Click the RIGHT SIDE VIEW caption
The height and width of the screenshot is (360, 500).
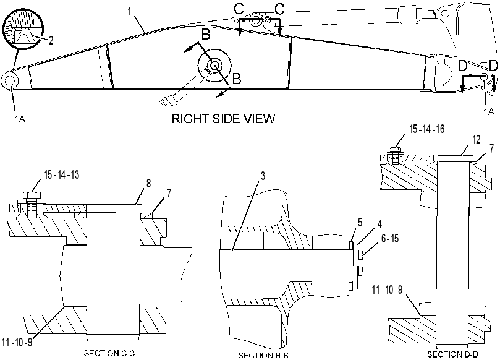point(223,119)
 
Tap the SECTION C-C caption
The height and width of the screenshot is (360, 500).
point(109,353)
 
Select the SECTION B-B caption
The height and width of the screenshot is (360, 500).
point(263,355)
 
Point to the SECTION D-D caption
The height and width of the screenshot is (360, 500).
point(453,354)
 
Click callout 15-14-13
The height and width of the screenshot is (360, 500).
point(62,175)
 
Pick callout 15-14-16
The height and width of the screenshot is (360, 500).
point(427,129)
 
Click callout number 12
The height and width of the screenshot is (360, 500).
point(476,140)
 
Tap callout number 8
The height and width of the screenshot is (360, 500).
point(148,183)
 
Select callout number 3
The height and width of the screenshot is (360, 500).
point(263,176)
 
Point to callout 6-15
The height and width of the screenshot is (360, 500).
point(390,238)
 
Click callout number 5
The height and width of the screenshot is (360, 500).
point(360,223)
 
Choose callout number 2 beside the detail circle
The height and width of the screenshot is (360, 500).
point(51,40)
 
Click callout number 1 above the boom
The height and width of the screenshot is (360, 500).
point(129,12)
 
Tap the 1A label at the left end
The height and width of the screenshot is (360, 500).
point(19,119)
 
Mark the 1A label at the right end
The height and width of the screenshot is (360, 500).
point(488,112)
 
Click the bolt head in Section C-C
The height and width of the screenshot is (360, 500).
point(31,195)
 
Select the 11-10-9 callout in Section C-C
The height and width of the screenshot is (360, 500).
point(17,343)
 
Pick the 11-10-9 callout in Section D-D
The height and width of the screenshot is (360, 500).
point(388,289)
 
